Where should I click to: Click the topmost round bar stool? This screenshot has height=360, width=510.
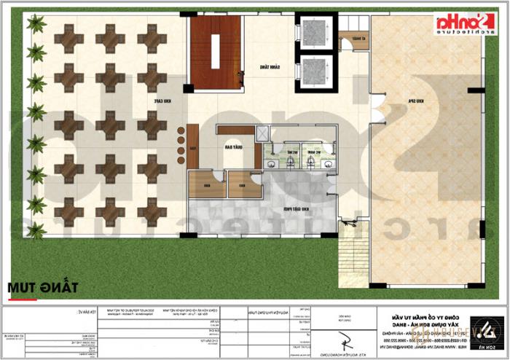180,131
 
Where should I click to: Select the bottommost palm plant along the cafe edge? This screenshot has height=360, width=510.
35,230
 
